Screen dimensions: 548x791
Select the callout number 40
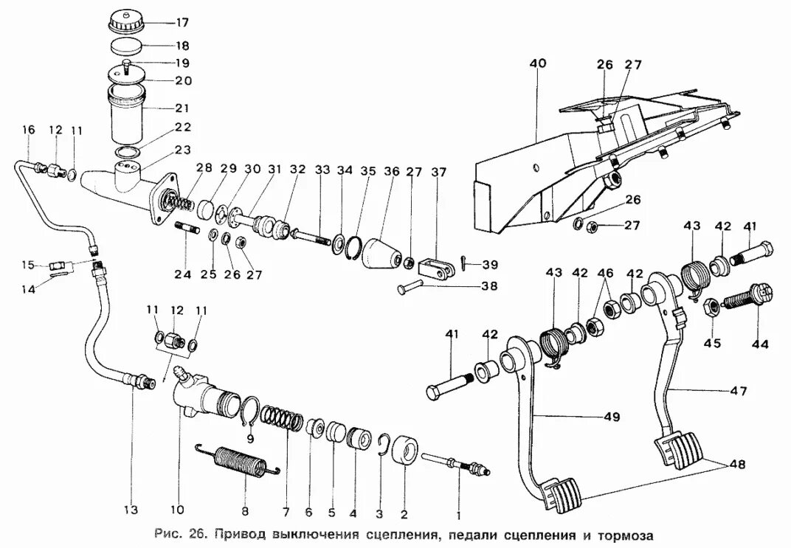(x=537, y=64)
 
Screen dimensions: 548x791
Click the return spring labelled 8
(x=238, y=462)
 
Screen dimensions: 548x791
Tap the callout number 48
(x=737, y=465)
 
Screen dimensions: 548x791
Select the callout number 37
(x=440, y=172)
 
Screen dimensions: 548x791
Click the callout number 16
(x=28, y=131)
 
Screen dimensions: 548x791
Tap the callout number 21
(x=182, y=107)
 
